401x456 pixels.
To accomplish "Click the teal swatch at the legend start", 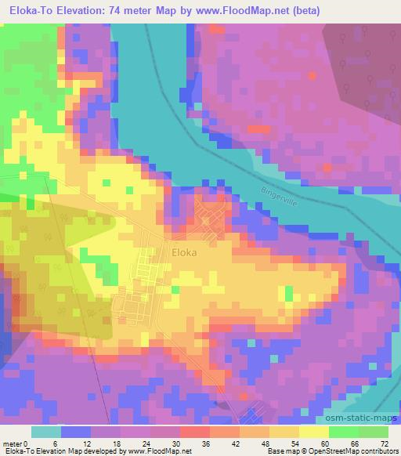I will (x=46, y=432).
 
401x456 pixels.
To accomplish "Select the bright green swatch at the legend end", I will (x=373, y=432).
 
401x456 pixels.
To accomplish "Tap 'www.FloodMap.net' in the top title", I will (x=245, y=11).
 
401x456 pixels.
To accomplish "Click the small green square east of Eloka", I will (x=288, y=294).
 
